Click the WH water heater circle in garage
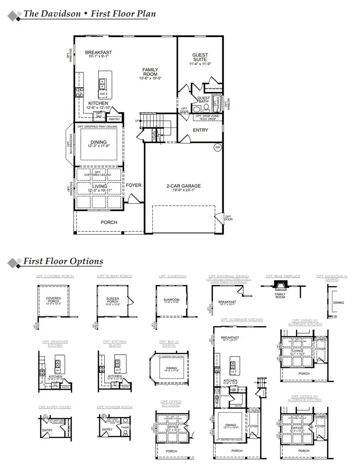pos(218,147)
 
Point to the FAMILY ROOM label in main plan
pos(150,72)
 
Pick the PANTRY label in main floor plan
pos(114,119)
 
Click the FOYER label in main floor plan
pos(134,186)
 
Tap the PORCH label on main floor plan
pos(109,222)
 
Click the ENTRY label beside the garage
pos(200,130)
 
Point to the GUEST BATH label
pos(204,100)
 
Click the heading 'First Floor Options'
pos(63,261)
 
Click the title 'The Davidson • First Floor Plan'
pos(90,14)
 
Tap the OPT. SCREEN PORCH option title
pos(114,276)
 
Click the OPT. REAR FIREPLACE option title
pos(283,276)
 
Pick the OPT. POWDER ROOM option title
pos(114,407)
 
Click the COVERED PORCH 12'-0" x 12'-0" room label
pos(53,300)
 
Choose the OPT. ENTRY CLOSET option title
pos(55,407)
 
